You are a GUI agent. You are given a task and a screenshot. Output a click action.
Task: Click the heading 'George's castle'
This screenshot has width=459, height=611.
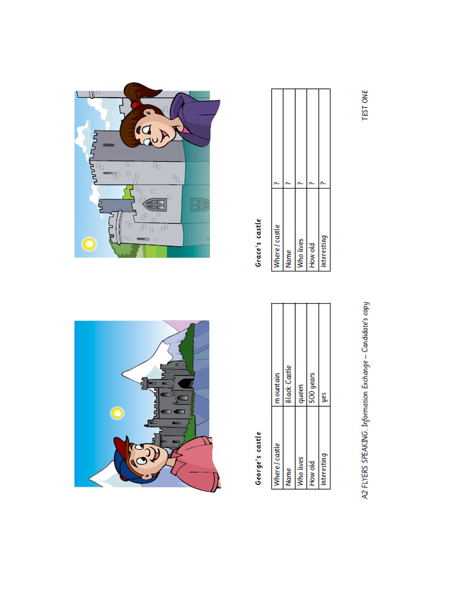[x=259, y=458]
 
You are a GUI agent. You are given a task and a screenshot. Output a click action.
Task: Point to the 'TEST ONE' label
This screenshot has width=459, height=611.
[x=365, y=105]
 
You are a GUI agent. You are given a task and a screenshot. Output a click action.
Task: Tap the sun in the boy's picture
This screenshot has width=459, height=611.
[x=118, y=412]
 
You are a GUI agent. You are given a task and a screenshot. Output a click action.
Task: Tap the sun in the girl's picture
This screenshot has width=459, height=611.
[x=89, y=243]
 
